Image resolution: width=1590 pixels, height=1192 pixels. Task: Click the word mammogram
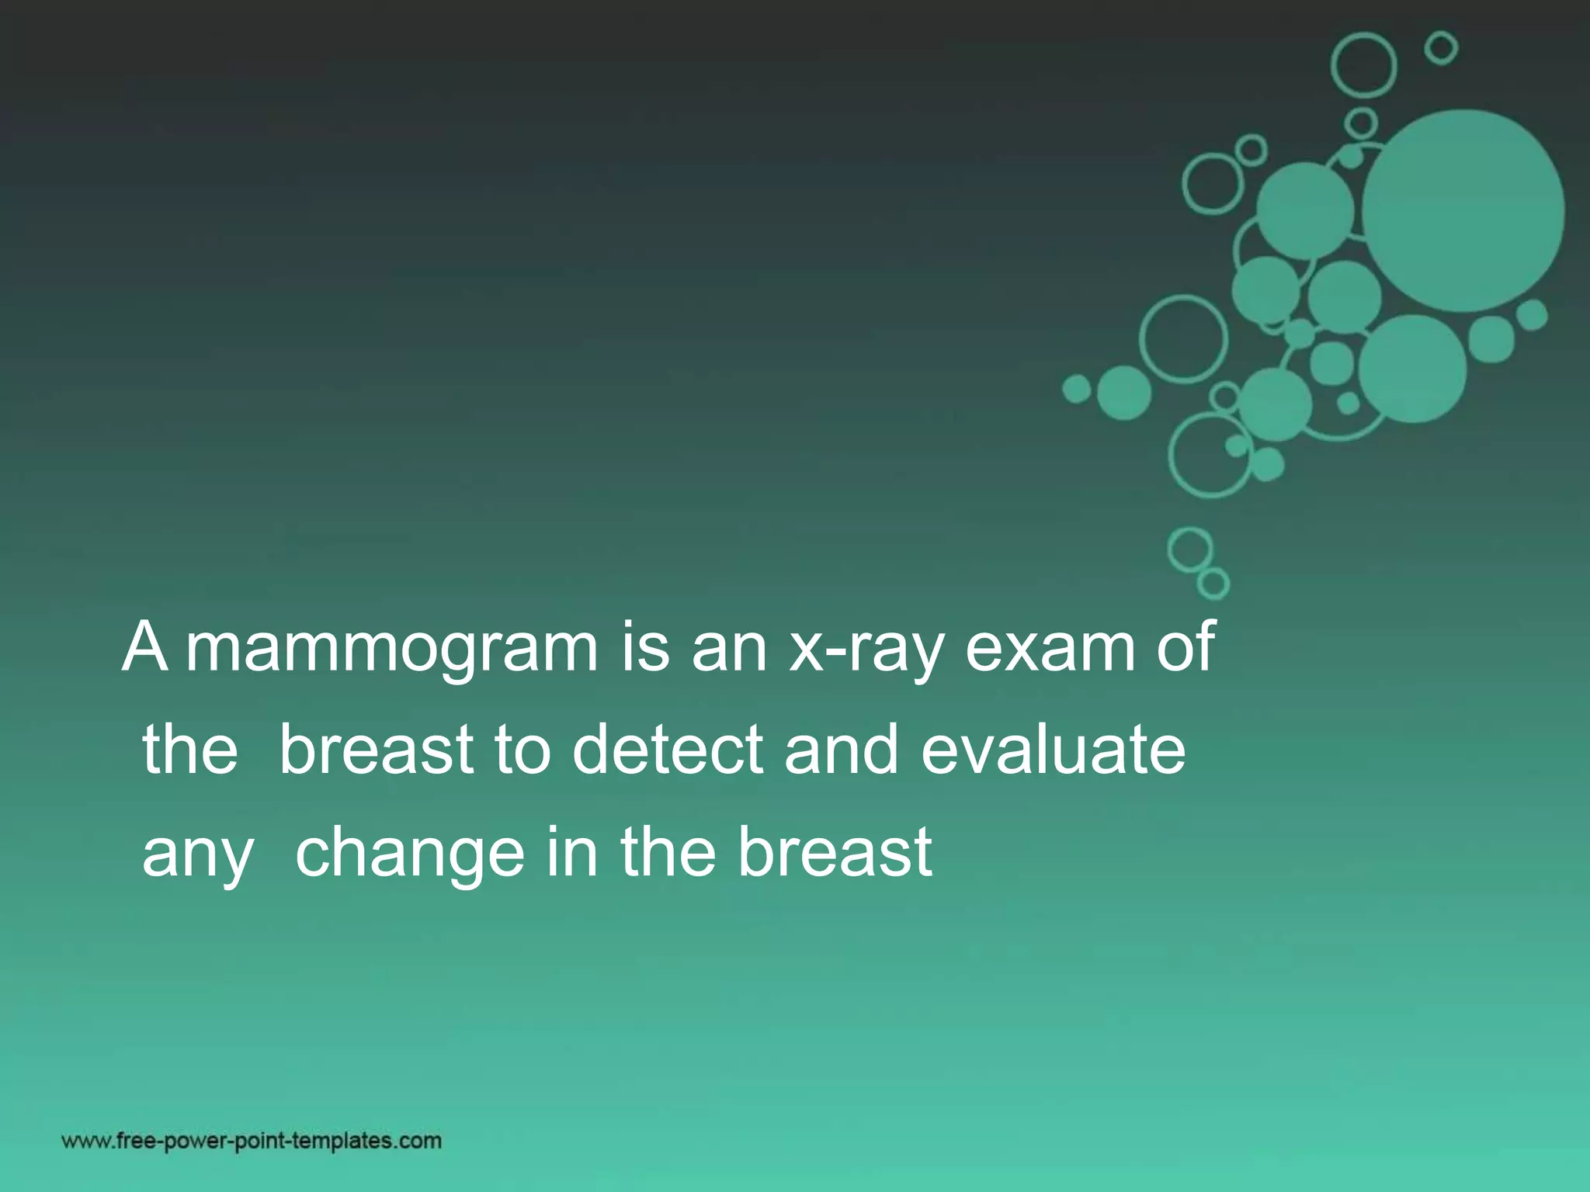(391, 648)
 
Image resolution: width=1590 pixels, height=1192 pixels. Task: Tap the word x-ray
(866, 648)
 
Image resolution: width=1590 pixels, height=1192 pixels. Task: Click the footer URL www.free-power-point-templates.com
(252, 1141)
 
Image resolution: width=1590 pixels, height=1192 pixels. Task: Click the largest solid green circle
(1463, 210)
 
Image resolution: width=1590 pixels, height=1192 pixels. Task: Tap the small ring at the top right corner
(1441, 48)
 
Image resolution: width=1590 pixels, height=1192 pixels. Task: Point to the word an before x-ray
(729, 648)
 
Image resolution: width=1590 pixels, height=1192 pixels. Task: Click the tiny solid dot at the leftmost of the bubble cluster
(1077, 388)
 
